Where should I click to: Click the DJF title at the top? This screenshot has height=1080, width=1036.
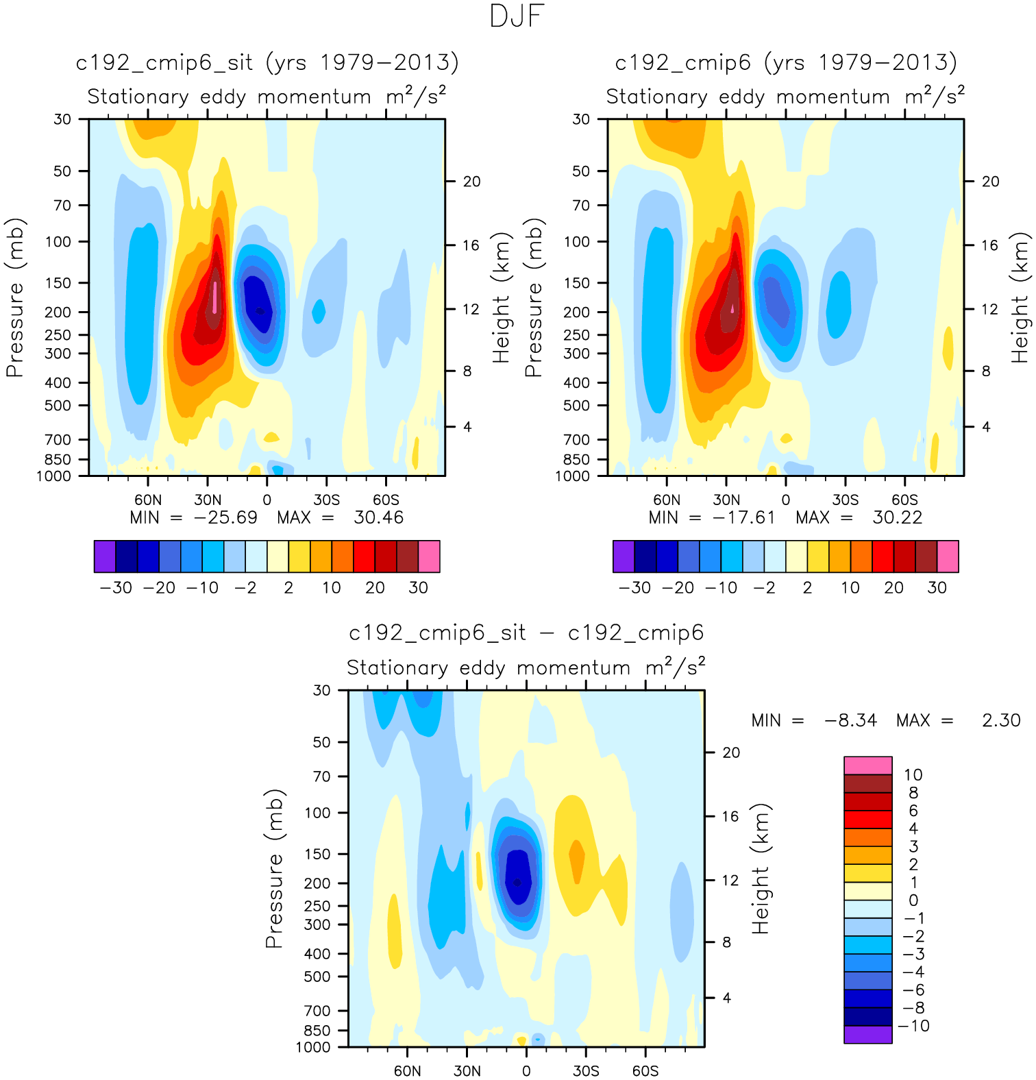(x=517, y=16)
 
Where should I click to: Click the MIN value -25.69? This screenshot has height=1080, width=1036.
(x=225, y=517)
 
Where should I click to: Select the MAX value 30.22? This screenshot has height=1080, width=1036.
(x=897, y=517)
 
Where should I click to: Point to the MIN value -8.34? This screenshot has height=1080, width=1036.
(x=850, y=720)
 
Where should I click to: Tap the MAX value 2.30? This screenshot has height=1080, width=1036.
(x=1001, y=720)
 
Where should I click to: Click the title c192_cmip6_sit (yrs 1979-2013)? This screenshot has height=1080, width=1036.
(x=267, y=63)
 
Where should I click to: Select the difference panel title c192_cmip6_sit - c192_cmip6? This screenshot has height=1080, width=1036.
(x=526, y=633)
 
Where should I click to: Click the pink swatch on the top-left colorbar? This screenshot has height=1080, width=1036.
(x=429, y=556)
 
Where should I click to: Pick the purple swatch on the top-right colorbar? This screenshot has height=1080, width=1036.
(x=624, y=556)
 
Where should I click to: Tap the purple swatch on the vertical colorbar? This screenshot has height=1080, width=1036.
(x=867, y=1034)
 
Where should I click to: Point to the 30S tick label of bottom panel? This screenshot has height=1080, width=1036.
(x=586, y=1070)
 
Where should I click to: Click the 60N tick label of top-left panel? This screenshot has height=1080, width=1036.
(x=148, y=500)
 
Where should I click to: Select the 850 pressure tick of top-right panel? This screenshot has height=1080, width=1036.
(x=580, y=459)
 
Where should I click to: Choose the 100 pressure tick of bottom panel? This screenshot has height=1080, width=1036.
(x=317, y=813)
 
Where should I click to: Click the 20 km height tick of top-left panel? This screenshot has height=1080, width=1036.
(x=471, y=182)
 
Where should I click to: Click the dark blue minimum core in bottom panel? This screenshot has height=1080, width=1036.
(x=518, y=881)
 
